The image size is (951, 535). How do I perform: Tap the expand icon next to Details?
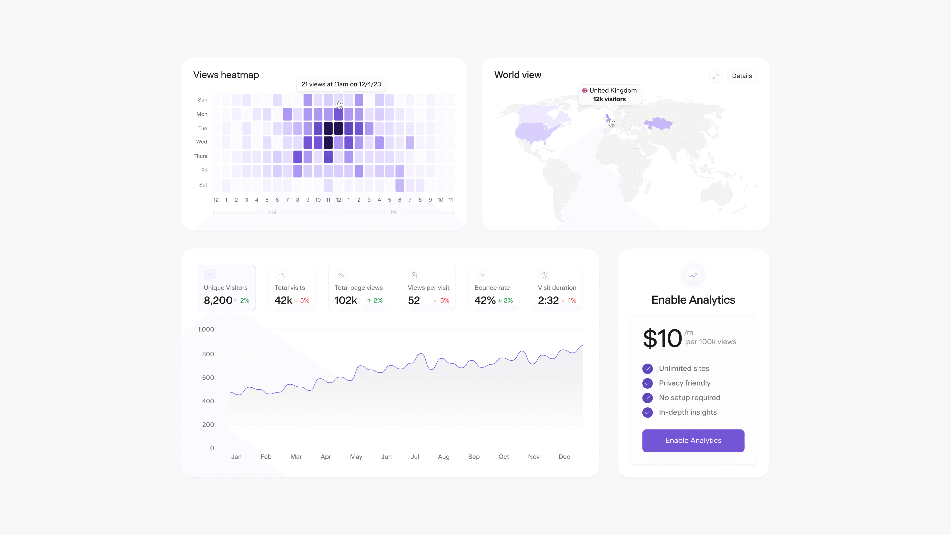(x=715, y=76)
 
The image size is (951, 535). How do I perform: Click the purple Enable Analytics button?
(x=693, y=440)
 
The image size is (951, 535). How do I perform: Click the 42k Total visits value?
(x=283, y=300)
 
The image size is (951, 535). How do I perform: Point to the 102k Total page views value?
(x=345, y=300)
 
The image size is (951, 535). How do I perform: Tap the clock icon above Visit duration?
(x=544, y=275)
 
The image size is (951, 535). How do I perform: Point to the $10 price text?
(x=662, y=338)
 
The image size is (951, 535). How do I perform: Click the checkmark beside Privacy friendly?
(x=647, y=383)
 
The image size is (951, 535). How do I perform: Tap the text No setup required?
(x=689, y=398)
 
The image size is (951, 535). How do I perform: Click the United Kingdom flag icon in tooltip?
(x=585, y=90)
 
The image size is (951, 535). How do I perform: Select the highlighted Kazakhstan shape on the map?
(x=658, y=124)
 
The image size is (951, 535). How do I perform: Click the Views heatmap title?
(x=226, y=75)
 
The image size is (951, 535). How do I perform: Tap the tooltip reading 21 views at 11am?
(x=341, y=84)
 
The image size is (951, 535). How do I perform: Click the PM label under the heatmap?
(x=394, y=212)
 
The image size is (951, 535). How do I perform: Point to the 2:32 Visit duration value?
(x=548, y=300)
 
